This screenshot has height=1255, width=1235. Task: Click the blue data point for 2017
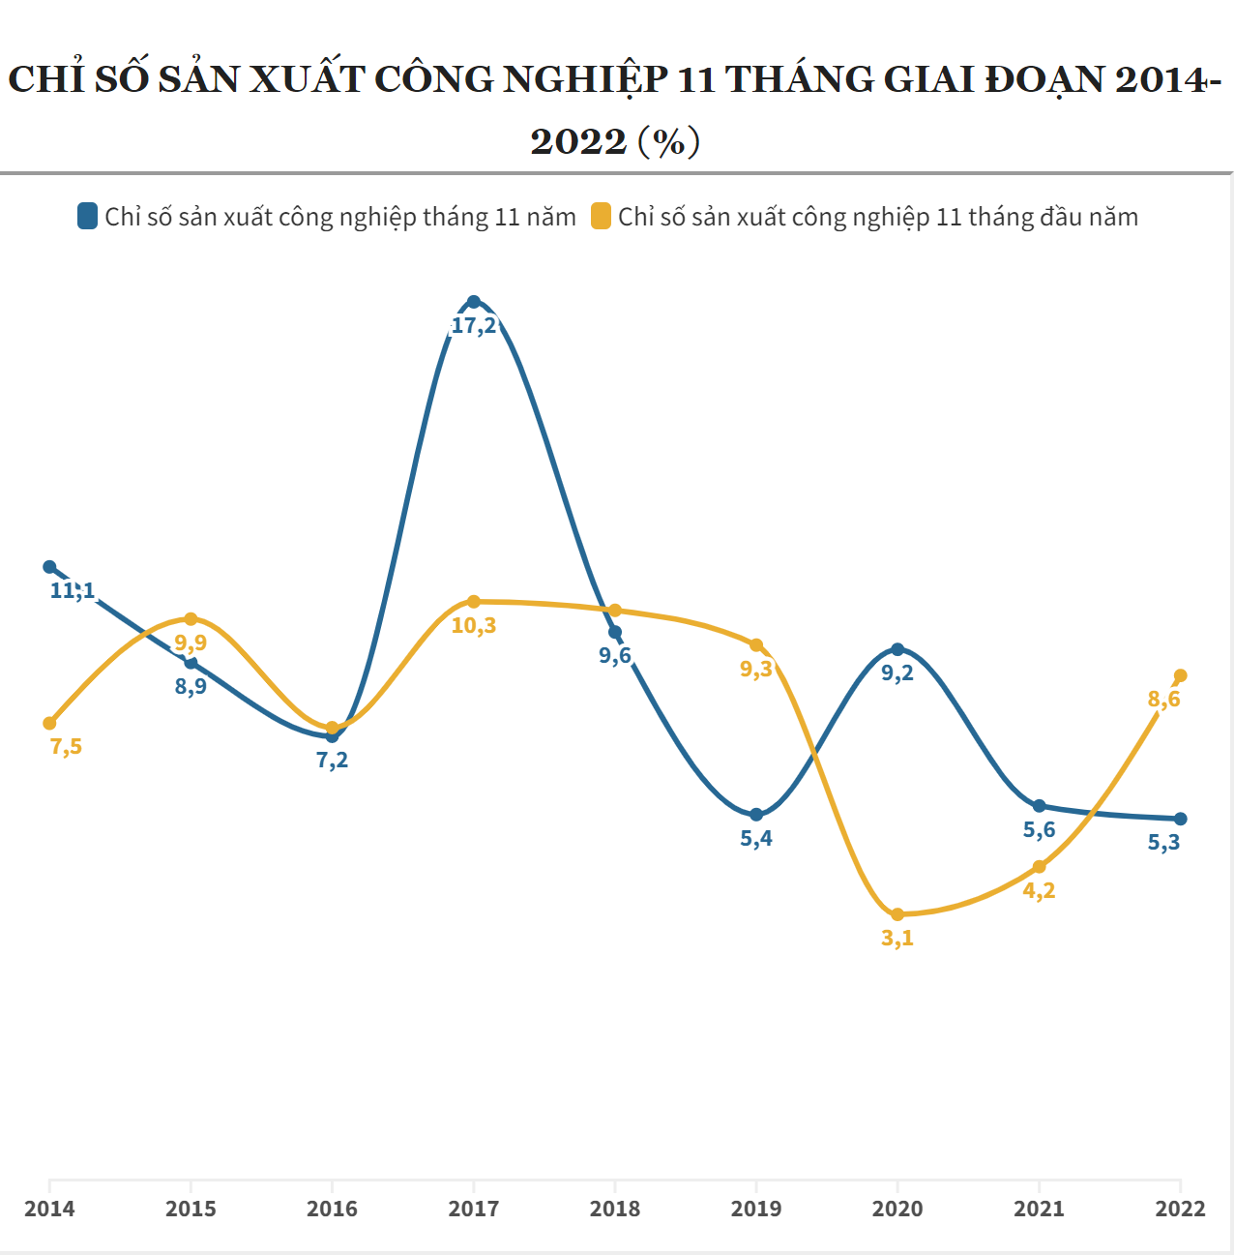(474, 302)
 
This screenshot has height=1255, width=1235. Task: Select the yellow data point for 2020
(897, 914)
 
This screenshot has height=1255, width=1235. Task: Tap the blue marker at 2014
(49, 567)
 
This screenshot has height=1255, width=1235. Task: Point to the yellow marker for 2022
(1180, 675)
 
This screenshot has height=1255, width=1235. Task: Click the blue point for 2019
(756, 815)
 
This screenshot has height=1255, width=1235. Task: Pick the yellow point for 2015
(191, 619)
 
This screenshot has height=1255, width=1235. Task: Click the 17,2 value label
(474, 326)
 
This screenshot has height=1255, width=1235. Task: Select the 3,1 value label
(897, 939)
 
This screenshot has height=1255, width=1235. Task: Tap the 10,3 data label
(474, 626)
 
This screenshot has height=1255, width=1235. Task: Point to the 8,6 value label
(1163, 700)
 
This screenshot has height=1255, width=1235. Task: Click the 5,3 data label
(1163, 843)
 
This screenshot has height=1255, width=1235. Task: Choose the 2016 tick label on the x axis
(332, 1209)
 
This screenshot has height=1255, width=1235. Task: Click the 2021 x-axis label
(1039, 1209)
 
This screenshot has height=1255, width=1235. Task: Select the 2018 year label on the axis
(615, 1209)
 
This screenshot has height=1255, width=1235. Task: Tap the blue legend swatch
(88, 216)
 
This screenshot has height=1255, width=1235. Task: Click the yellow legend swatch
(602, 216)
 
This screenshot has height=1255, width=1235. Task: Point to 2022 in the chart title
(578, 141)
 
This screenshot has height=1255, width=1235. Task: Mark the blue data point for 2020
(897, 649)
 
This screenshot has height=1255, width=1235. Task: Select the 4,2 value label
(1039, 891)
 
